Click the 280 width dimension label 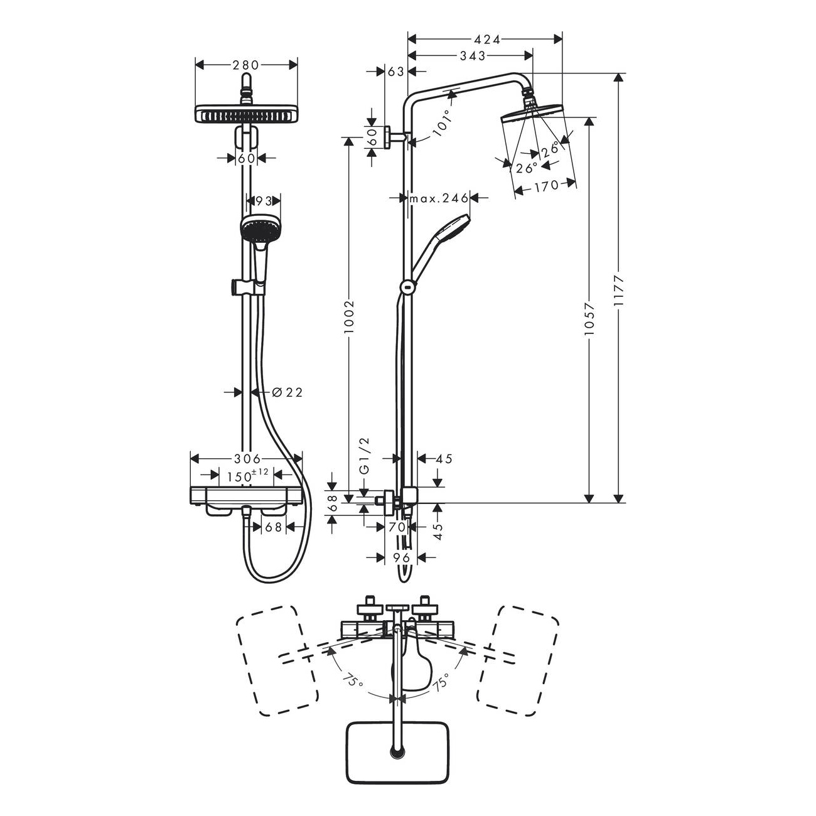click(x=246, y=65)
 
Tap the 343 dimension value click(x=473, y=56)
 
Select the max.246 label click(x=439, y=198)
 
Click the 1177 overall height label click(x=619, y=290)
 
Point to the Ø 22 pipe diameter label click(x=287, y=392)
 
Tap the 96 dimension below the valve click(x=402, y=557)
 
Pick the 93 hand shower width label click(x=263, y=201)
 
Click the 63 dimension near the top click(x=396, y=72)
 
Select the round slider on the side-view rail click(x=407, y=287)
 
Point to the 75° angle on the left click(x=352, y=681)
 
